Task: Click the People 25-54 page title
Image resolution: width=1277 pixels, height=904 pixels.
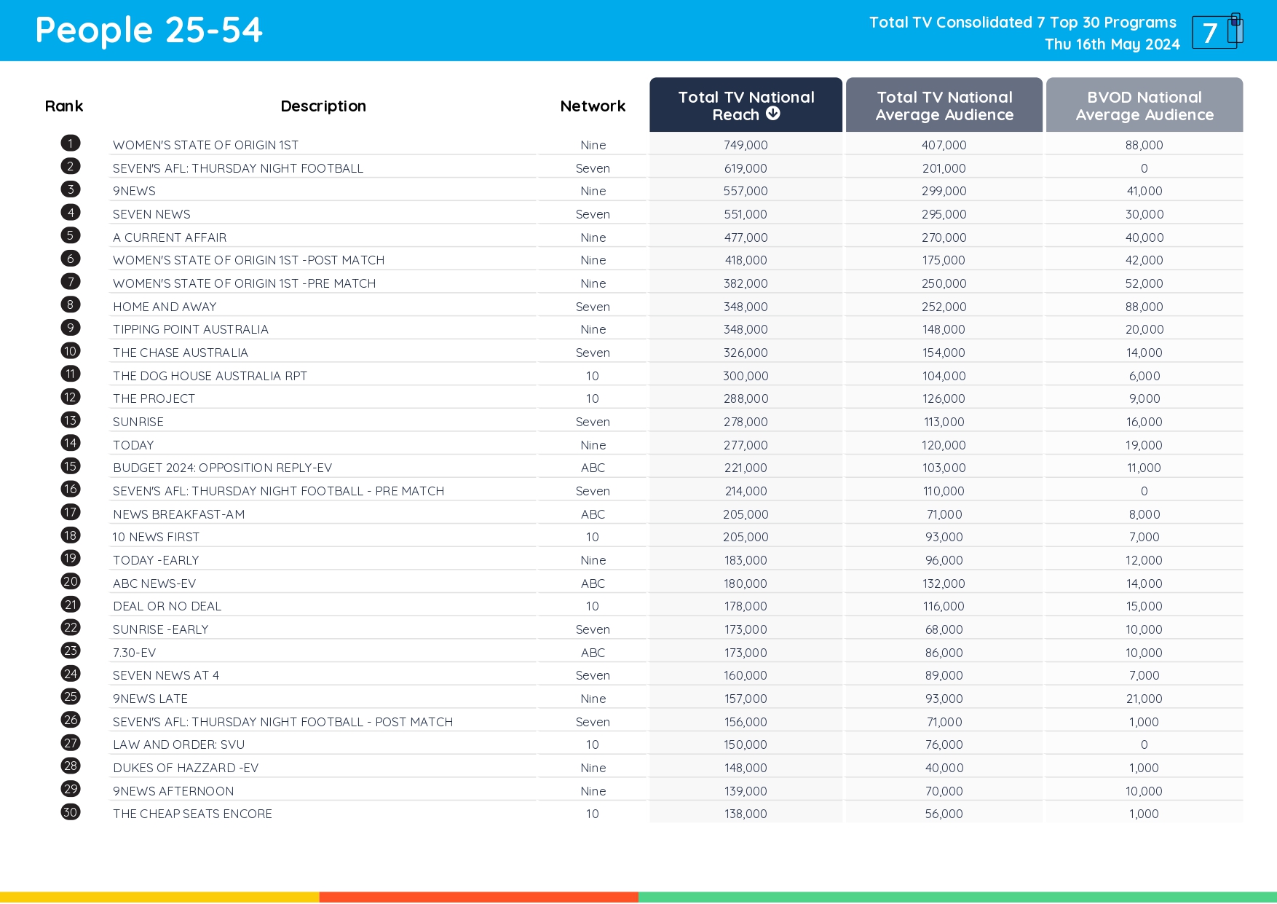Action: (x=149, y=31)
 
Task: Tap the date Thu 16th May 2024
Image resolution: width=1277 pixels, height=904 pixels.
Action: (x=1112, y=44)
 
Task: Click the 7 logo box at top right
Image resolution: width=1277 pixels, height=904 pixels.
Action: (x=1216, y=32)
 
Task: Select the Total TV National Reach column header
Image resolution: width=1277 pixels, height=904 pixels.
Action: (x=746, y=106)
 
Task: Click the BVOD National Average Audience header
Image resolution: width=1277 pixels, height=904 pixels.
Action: (x=1144, y=106)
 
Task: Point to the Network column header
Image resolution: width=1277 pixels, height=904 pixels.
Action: (x=593, y=106)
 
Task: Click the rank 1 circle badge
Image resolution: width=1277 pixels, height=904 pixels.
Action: (x=71, y=144)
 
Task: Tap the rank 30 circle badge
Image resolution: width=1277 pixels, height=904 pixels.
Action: (x=71, y=812)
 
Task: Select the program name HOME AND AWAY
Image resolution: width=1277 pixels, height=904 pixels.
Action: (x=165, y=307)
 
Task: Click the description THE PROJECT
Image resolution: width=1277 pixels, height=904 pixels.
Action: (x=154, y=398)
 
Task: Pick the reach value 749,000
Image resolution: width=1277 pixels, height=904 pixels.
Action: (x=746, y=145)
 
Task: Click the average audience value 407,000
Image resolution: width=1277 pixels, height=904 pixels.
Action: (x=944, y=145)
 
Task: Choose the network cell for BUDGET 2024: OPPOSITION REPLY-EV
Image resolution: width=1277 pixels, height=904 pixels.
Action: (x=593, y=468)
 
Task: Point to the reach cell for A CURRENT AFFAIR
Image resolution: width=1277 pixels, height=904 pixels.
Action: (x=746, y=237)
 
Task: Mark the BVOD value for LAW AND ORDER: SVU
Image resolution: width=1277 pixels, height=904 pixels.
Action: (x=1144, y=744)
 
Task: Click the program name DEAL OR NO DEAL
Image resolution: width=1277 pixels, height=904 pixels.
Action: (x=167, y=606)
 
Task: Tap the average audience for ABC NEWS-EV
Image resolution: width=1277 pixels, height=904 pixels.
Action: (x=944, y=583)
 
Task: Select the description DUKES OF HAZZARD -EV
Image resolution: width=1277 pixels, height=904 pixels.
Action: (x=186, y=768)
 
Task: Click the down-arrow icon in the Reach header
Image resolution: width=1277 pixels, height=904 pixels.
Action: (x=773, y=114)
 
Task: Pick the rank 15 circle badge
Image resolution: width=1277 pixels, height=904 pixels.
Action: (x=71, y=466)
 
